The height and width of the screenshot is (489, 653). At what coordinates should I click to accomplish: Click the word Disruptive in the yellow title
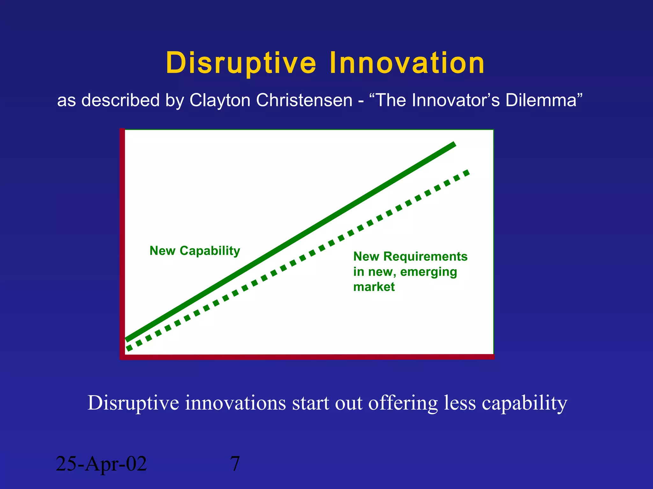(x=241, y=63)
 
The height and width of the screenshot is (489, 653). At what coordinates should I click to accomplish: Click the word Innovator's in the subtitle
(x=456, y=100)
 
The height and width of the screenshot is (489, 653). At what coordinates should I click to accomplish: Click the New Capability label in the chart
(x=195, y=251)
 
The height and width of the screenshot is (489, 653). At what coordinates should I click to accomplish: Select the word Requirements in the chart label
(x=425, y=256)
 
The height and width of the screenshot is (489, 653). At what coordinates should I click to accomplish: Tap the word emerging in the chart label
(x=429, y=272)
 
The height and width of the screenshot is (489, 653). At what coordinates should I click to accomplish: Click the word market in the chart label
(x=374, y=287)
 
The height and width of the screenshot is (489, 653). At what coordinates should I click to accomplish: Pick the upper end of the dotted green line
(x=467, y=173)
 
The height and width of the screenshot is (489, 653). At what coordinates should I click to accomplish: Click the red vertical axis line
(x=122, y=242)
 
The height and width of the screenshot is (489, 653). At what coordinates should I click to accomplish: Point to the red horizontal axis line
(x=306, y=357)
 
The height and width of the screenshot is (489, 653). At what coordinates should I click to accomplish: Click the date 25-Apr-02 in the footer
(x=101, y=464)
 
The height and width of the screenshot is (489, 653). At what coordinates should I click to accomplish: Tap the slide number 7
(x=235, y=464)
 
